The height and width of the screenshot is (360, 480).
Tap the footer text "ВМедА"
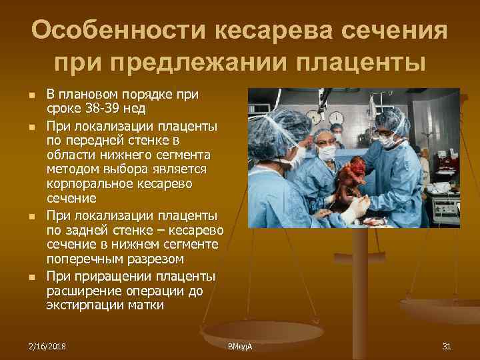[239, 347]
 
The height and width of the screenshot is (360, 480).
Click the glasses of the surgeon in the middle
[325, 141]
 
